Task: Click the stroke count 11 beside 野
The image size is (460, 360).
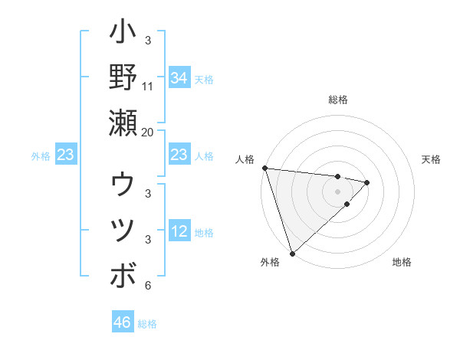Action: click(x=148, y=87)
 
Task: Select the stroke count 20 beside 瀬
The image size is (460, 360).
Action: click(x=148, y=132)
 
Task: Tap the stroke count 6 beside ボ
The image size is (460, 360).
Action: click(x=148, y=286)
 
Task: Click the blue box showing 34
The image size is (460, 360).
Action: click(x=179, y=78)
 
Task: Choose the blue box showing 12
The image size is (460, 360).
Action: click(x=179, y=232)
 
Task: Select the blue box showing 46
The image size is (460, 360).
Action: click(x=123, y=322)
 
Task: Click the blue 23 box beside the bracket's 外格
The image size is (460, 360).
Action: click(x=66, y=155)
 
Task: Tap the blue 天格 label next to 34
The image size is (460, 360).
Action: click(x=203, y=79)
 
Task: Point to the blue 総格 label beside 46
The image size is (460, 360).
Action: click(x=147, y=323)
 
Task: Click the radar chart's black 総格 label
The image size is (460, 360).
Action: click(x=338, y=100)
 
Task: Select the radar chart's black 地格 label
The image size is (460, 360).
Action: click(x=402, y=262)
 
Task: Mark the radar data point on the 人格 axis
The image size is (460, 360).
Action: click(x=264, y=168)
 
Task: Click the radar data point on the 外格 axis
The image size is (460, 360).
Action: click(x=292, y=253)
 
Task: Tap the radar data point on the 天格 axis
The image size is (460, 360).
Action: click(x=367, y=182)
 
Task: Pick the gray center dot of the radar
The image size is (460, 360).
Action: click(x=338, y=191)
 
